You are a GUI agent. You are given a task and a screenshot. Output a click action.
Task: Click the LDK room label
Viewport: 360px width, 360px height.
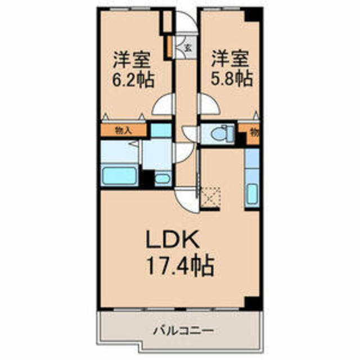[x=173, y=240]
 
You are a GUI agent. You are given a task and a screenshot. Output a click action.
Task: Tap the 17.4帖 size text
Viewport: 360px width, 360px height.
[x=180, y=266]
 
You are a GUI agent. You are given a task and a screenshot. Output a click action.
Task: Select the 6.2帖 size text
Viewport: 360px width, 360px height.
[x=133, y=79]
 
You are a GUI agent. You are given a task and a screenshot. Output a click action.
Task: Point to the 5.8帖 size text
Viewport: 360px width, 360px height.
[x=232, y=79]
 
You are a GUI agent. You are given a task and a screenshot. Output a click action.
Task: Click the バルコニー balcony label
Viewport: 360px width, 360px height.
[x=183, y=331]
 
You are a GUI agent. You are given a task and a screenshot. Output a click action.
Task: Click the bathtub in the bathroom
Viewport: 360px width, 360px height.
[x=119, y=175]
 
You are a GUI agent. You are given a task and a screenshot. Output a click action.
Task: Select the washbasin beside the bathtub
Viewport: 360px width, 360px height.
[x=162, y=178]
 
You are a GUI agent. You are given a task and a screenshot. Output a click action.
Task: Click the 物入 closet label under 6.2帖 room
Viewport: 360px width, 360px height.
[x=123, y=131]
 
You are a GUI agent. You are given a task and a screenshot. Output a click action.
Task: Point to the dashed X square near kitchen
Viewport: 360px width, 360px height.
[x=210, y=197]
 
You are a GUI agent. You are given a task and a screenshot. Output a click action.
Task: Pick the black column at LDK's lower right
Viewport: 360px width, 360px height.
[x=252, y=303]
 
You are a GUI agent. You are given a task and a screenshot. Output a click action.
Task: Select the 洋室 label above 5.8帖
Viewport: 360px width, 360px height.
[x=230, y=58]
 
